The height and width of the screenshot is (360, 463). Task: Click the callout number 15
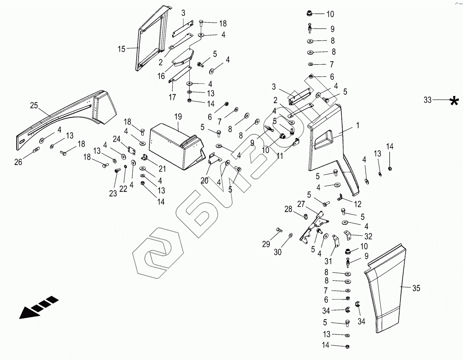pyautogui.click(x=121, y=49)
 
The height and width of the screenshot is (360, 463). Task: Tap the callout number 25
pyautogui.click(x=34, y=105)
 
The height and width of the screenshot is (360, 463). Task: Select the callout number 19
pyautogui.click(x=178, y=117)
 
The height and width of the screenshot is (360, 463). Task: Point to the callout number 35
pyautogui.click(x=416, y=288)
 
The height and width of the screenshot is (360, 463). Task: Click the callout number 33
pyautogui.click(x=427, y=100)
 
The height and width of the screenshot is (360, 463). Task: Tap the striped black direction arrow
pyautogui.click(x=38, y=307)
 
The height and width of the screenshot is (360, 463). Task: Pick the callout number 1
pyautogui.click(x=358, y=125)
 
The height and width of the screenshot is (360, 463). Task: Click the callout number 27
pyautogui.click(x=301, y=204)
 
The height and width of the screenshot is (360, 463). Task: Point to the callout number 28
pyautogui.click(x=288, y=209)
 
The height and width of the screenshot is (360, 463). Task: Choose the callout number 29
pyautogui.click(x=266, y=243)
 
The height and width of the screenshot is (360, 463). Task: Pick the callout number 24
pyautogui.click(x=116, y=139)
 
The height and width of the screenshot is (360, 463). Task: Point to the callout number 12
pyautogui.click(x=357, y=204)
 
